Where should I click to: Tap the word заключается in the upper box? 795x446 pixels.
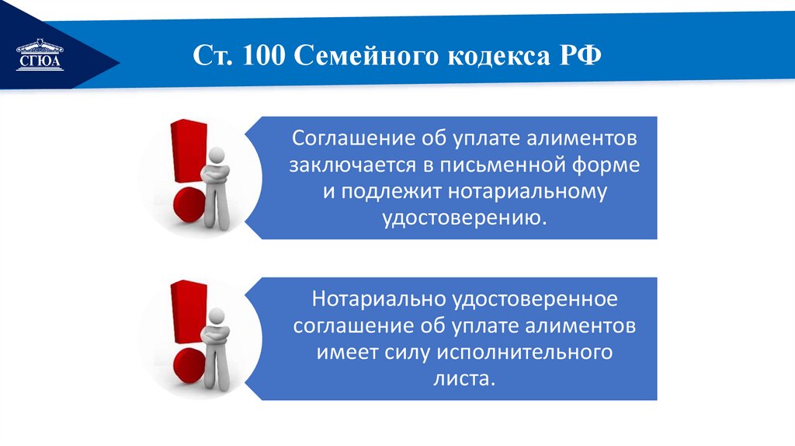[346, 166]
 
